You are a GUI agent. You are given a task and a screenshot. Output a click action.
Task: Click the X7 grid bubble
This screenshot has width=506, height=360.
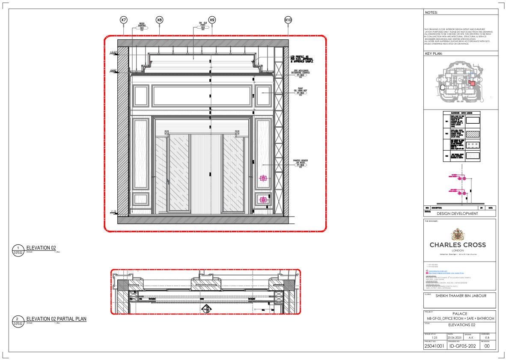(x=123, y=20)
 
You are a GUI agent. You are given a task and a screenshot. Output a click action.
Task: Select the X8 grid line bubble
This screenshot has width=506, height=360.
(x=159, y=20)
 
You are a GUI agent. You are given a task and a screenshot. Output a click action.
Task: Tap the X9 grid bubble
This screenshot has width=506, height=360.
(x=212, y=20)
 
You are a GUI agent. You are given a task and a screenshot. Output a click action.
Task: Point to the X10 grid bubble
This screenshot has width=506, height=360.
(x=288, y=20)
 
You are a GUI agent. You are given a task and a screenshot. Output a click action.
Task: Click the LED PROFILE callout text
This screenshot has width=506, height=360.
(x=304, y=59)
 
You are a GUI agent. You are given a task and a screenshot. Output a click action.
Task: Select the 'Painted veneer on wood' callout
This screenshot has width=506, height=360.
(x=301, y=163)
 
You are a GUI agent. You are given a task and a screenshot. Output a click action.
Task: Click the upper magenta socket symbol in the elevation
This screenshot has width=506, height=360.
(x=263, y=178)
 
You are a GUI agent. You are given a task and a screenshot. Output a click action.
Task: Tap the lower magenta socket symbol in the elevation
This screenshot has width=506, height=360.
(x=263, y=199)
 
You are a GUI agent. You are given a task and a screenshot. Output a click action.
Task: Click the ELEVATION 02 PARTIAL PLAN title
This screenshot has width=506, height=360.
(x=57, y=319)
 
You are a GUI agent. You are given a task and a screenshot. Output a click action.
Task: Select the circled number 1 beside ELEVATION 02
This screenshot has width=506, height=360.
(x=18, y=248)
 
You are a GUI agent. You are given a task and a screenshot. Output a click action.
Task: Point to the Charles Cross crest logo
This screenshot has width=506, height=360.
(x=458, y=234)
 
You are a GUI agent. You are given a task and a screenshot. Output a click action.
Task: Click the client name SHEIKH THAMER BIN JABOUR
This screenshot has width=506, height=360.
(x=461, y=296)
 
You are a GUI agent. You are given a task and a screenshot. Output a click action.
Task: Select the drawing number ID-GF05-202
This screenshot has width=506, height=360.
(x=462, y=346)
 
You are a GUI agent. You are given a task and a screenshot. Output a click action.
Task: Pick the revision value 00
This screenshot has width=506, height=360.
(x=487, y=346)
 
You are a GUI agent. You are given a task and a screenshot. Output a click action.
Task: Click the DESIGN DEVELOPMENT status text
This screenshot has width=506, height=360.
(x=457, y=213)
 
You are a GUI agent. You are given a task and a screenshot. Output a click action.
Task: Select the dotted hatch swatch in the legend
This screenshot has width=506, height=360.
(x=473, y=134)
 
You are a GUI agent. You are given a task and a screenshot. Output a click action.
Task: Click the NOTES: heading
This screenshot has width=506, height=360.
(x=432, y=13)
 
